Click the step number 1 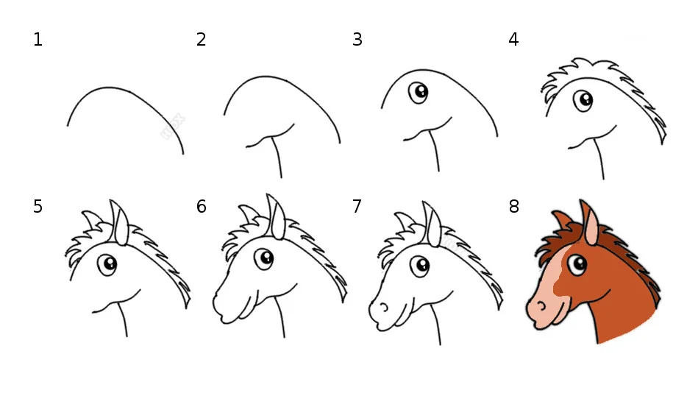[x=38, y=40]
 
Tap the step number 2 [x=201, y=40]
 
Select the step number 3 [x=357, y=40]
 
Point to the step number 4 [x=514, y=40]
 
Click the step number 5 [x=38, y=206]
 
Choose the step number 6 [x=201, y=206]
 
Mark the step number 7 [x=357, y=206]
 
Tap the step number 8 [x=514, y=206]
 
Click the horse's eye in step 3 [x=419, y=93]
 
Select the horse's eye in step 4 [x=583, y=101]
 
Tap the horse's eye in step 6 [x=264, y=259]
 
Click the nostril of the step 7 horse [x=384, y=307]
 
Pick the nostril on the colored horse [x=542, y=305]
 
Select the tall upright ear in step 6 [x=276, y=216]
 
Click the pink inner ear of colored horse [x=591, y=227]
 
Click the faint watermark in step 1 [x=173, y=127]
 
